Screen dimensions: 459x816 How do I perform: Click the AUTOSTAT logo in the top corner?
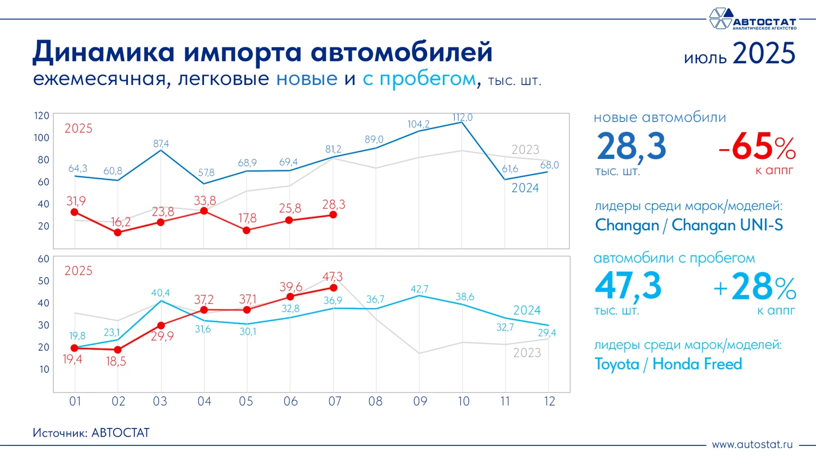coord(752,19)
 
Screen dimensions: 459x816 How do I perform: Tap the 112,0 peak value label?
coord(462,117)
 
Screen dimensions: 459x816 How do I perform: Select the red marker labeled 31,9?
coord(75,212)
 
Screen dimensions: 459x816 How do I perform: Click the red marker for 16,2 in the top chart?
coord(118,232)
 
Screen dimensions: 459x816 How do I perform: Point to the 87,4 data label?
coord(161,144)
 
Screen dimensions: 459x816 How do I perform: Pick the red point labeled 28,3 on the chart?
coord(333,215)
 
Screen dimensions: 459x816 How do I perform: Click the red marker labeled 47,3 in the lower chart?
coord(333,287)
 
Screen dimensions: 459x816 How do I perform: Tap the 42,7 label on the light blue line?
coord(419,289)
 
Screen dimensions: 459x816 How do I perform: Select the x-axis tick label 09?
coord(420,402)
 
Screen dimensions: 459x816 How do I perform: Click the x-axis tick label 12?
coord(549,402)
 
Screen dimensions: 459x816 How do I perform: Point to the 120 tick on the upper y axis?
coord(41,115)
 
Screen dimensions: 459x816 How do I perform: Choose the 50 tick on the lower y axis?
coord(44,281)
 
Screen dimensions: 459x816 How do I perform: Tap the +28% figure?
coord(755,287)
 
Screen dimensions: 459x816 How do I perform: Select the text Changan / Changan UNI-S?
coord(689,225)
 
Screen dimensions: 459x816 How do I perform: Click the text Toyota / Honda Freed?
coord(668,364)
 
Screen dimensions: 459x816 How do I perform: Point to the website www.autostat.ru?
coord(752,444)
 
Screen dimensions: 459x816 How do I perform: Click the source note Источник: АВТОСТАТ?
coord(91,433)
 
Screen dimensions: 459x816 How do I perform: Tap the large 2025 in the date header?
coord(764,54)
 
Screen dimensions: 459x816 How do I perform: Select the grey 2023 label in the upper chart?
coord(525,150)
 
